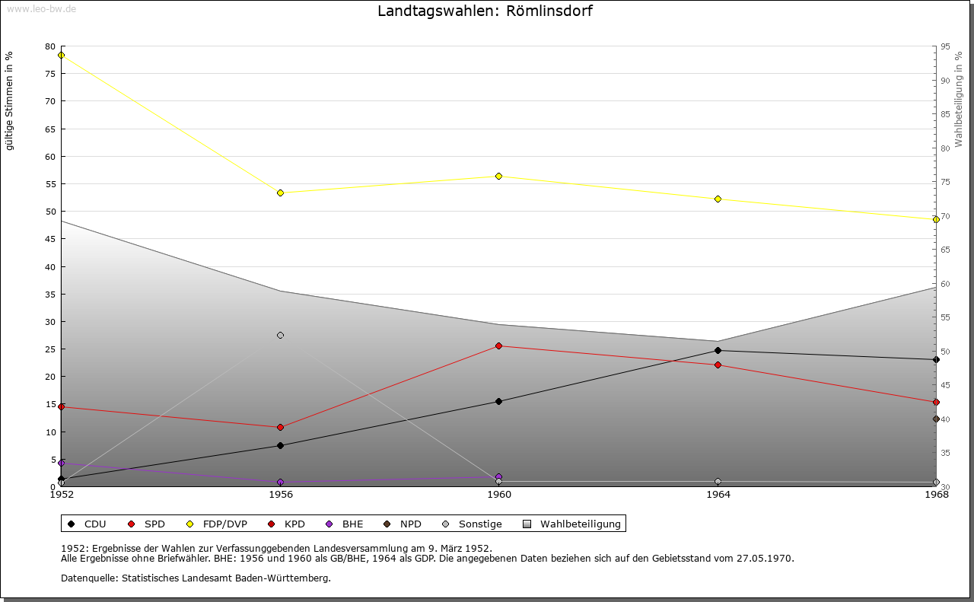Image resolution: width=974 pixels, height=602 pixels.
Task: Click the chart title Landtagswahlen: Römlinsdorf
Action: [x=485, y=11]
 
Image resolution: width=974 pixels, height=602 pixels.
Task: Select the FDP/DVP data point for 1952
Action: [x=62, y=55]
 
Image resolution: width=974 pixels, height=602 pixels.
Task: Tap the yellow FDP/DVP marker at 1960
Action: [x=499, y=176]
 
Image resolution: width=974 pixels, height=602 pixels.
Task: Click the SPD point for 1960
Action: [x=499, y=346]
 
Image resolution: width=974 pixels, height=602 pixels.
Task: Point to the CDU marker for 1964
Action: [x=718, y=350]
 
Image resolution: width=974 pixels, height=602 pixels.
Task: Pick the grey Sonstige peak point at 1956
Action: [x=281, y=335]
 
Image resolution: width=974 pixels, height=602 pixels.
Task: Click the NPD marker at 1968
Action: [x=936, y=419]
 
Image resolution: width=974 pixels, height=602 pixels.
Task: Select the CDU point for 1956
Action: [x=281, y=445]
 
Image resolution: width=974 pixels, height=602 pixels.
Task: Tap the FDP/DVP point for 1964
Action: [x=718, y=199]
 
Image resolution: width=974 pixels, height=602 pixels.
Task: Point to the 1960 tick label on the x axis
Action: [x=499, y=495]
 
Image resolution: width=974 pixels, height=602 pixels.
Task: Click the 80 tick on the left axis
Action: [x=50, y=46]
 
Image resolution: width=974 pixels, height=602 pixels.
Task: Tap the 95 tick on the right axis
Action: [x=945, y=46]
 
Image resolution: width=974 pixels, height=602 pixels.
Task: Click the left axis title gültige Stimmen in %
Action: [x=10, y=100]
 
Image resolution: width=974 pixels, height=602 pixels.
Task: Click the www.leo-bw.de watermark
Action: [x=41, y=8]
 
